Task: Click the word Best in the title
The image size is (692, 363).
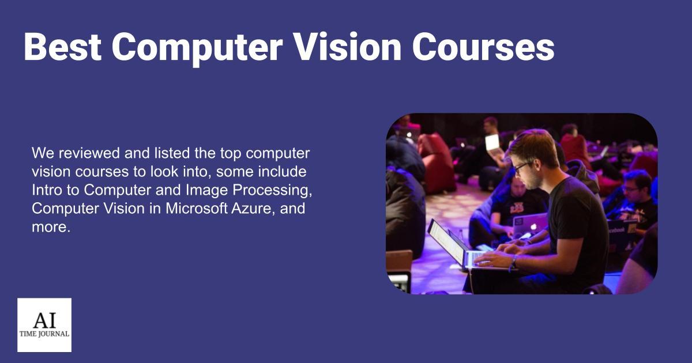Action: tap(63, 47)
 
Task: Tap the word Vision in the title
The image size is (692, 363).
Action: tap(347, 47)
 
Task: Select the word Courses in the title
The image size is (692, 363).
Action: tap(483, 47)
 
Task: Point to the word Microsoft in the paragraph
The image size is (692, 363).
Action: tap(197, 209)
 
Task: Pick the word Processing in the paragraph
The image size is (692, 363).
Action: tap(272, 190)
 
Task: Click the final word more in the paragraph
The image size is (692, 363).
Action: tap(51, 227)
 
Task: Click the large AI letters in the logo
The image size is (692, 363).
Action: tap(44, 320)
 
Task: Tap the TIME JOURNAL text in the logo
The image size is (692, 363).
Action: tap(44, 334)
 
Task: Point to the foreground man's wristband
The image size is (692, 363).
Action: tap(513, 262)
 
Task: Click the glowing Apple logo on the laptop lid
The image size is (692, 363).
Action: tap(533, 227)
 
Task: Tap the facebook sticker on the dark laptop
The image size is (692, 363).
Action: tap(616, 230)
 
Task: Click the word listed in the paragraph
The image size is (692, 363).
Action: tap(172, 153)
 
